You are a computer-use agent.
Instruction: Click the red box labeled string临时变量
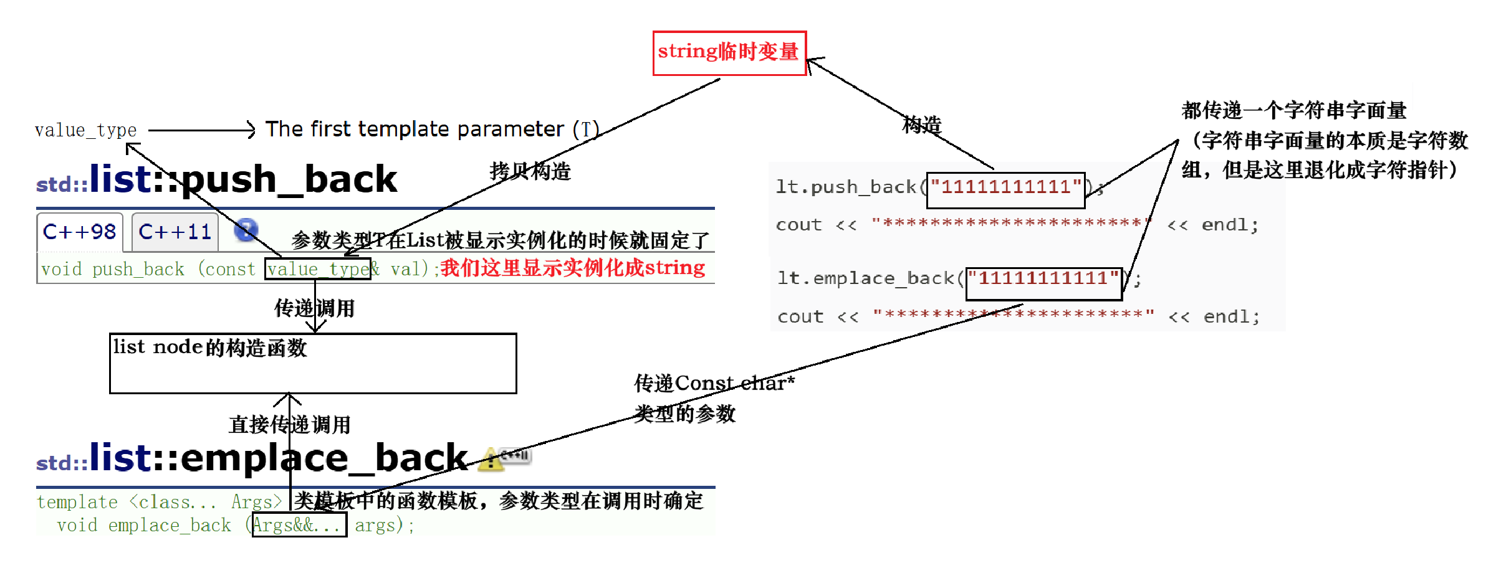coord(729,53)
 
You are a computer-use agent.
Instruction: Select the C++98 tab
coord(80,232)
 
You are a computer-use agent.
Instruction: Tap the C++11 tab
coord(175,232)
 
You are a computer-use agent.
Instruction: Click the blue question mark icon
coord(246,230)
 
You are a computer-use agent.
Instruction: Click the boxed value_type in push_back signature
coord(317,269)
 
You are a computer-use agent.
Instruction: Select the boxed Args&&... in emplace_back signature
coord(299,525)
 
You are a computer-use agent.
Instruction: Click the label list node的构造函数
coord(210,348)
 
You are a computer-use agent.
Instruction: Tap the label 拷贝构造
coord(530,171)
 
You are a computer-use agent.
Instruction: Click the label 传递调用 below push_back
coord(315,308)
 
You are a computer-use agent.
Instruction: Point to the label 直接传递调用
coord(290,425)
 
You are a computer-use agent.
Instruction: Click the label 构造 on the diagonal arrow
coord(922,125)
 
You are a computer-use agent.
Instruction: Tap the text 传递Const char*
coord(714,383)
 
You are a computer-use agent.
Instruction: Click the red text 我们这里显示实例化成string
coord(573,268)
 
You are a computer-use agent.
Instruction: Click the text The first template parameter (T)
coord(432,130)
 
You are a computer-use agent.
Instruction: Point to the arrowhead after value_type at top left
coord(251,130)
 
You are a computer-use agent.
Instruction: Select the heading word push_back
coord(289,179)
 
